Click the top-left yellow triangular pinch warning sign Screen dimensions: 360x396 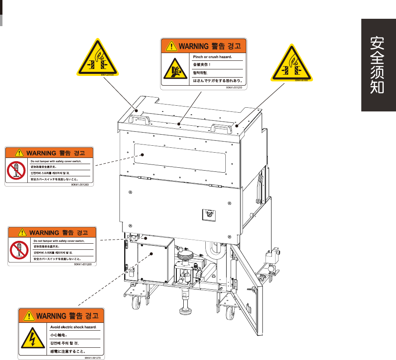click(97, 59)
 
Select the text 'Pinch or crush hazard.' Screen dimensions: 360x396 click(212, 57)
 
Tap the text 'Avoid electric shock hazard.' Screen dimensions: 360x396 click(73, 327)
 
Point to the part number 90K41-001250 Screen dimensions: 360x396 click(237, 87)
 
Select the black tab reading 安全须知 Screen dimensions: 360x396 click(378, 65)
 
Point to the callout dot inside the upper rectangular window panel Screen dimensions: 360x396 click(142, 154)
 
